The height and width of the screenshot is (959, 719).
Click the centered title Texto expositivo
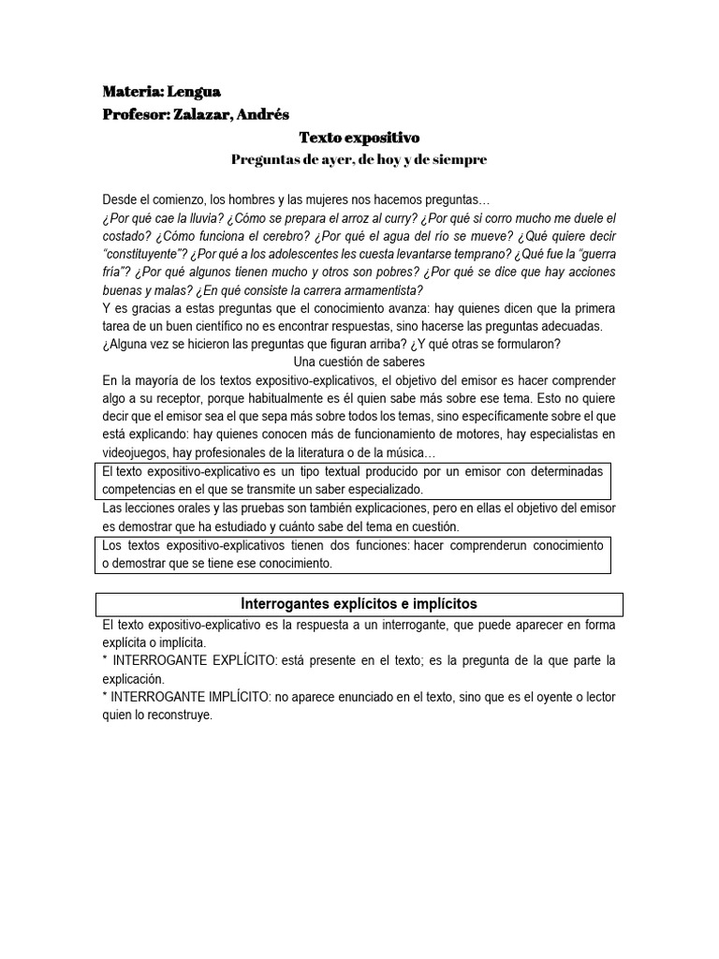click(359, 138)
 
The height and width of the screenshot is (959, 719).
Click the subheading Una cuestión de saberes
click(359, 361)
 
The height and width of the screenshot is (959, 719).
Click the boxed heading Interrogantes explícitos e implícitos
click(359, 603)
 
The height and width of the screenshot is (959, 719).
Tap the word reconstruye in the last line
click(180, 715)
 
